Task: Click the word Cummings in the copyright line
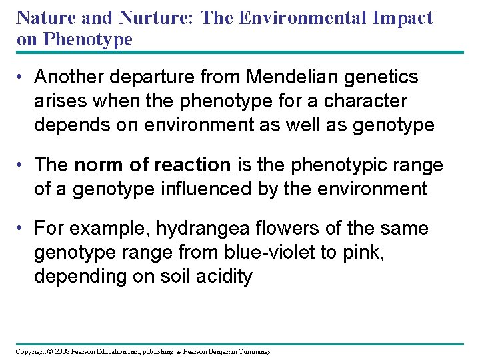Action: [x=253, y=351]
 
